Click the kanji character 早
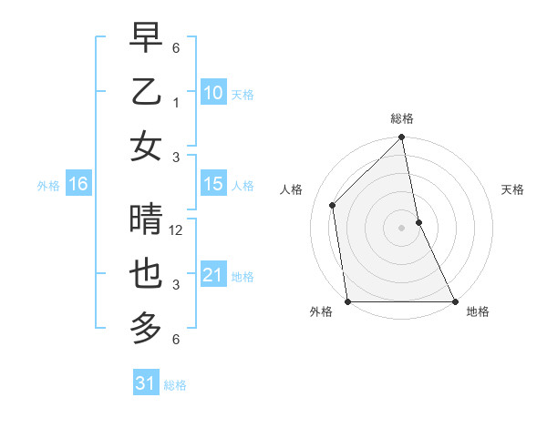(146, 39)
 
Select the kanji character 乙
(146, 92)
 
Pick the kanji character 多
(146, 327)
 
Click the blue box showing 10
(213, 92)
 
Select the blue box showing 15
(213, 184)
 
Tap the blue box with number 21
(213, 275)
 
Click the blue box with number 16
(77, 184)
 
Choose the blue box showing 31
(146, 383)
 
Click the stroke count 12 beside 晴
(176, 230)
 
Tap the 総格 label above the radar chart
(402, 119)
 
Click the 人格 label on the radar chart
(293, 189)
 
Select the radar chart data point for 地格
(454, 301)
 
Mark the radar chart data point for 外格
(348, 301)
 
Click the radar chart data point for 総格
(401, 138)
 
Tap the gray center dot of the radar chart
(401, 227)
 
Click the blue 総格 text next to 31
(175, 385)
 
